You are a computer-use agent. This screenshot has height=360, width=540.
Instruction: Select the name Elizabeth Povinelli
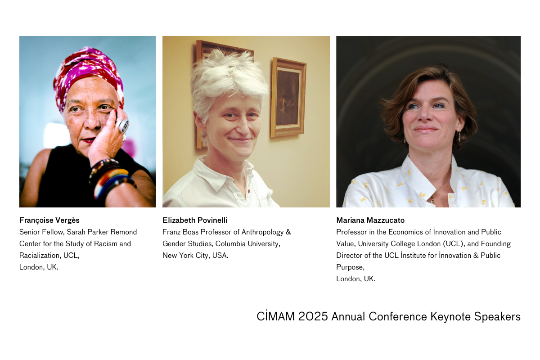coord(195,220)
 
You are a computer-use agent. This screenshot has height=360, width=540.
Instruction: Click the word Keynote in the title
coord(451,316)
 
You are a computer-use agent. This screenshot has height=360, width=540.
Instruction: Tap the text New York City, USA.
coord(195,256)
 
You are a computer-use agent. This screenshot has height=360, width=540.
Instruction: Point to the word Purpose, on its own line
coord(350,267)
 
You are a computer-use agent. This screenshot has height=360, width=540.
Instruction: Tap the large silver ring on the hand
coord(123,126)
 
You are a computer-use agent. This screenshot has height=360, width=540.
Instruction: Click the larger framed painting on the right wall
coord(288,97)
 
